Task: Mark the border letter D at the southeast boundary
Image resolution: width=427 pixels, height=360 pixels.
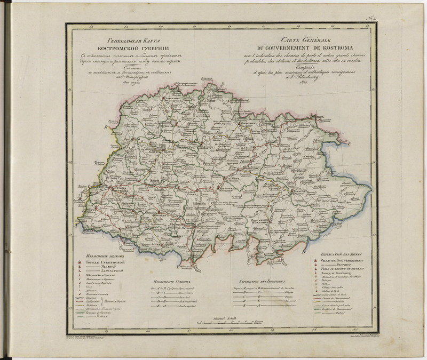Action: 303,252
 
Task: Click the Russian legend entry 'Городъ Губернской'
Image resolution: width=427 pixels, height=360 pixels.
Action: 107,262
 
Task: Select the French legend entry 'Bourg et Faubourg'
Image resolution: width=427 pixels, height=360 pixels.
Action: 340,273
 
